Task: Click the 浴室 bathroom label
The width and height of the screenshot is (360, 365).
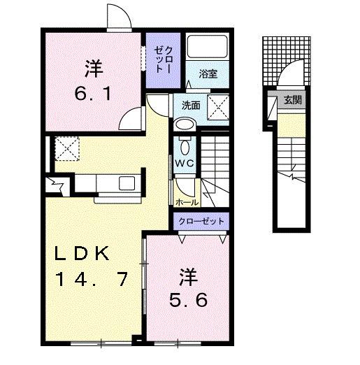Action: pyautogui.click(x=208, y=73)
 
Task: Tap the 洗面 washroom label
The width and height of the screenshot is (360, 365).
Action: pyautogui.click(x=191, y=106)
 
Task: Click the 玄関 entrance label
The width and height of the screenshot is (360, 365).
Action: pyautogui.click(x=293, y=100)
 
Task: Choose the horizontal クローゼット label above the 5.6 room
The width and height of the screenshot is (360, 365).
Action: pyautogui.click(x=201, y=220)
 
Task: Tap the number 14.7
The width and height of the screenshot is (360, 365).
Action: pyautogui.click(x=92, y=280)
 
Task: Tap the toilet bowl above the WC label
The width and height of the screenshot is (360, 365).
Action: pyautogui.click(x=185, y=147)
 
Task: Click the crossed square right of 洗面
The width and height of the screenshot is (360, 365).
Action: pyautogui.click(x=222, y=108)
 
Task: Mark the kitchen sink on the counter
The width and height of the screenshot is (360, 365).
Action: pyautogui.click(x=129, y=183)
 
